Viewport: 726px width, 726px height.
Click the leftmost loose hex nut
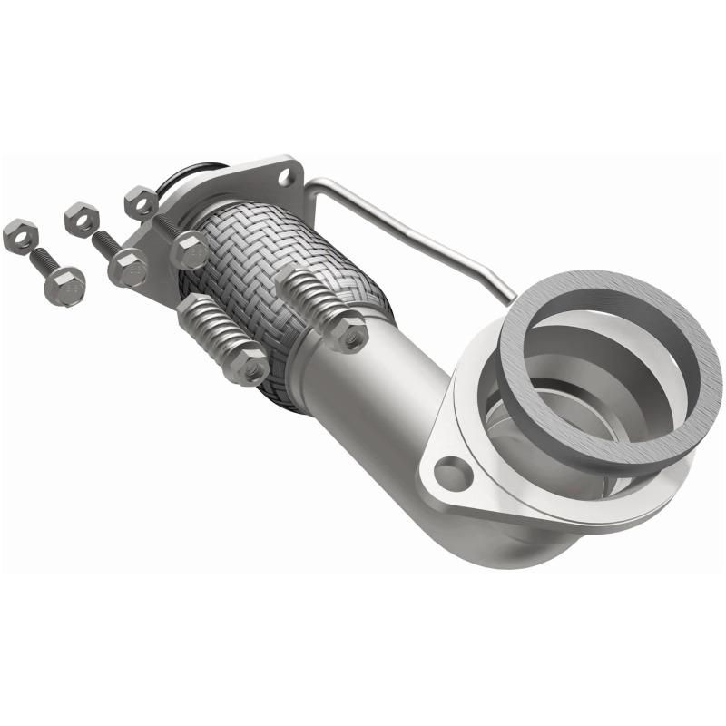coord(19,235)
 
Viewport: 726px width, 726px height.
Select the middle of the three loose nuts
coord(81,219)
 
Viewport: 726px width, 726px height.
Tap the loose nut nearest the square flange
coord(141,201)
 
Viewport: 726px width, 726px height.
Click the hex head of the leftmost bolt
coord(64,285)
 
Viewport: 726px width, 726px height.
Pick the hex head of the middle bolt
coord(127,268)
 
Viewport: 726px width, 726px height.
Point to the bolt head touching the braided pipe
coord(189,250)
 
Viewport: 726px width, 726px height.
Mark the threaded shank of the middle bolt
coord(104,243)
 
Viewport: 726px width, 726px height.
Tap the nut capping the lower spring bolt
coord(248,365)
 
